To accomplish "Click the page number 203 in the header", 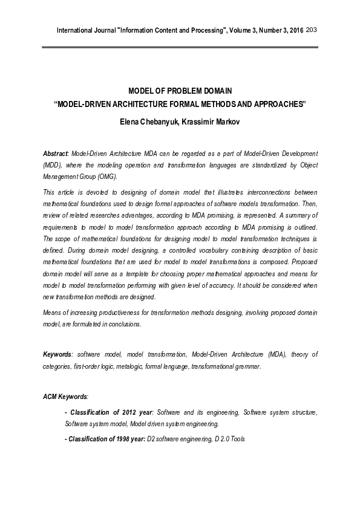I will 312,30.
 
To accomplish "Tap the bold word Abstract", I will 56,155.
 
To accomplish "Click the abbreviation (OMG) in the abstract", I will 107,177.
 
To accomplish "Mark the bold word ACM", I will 51,397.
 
